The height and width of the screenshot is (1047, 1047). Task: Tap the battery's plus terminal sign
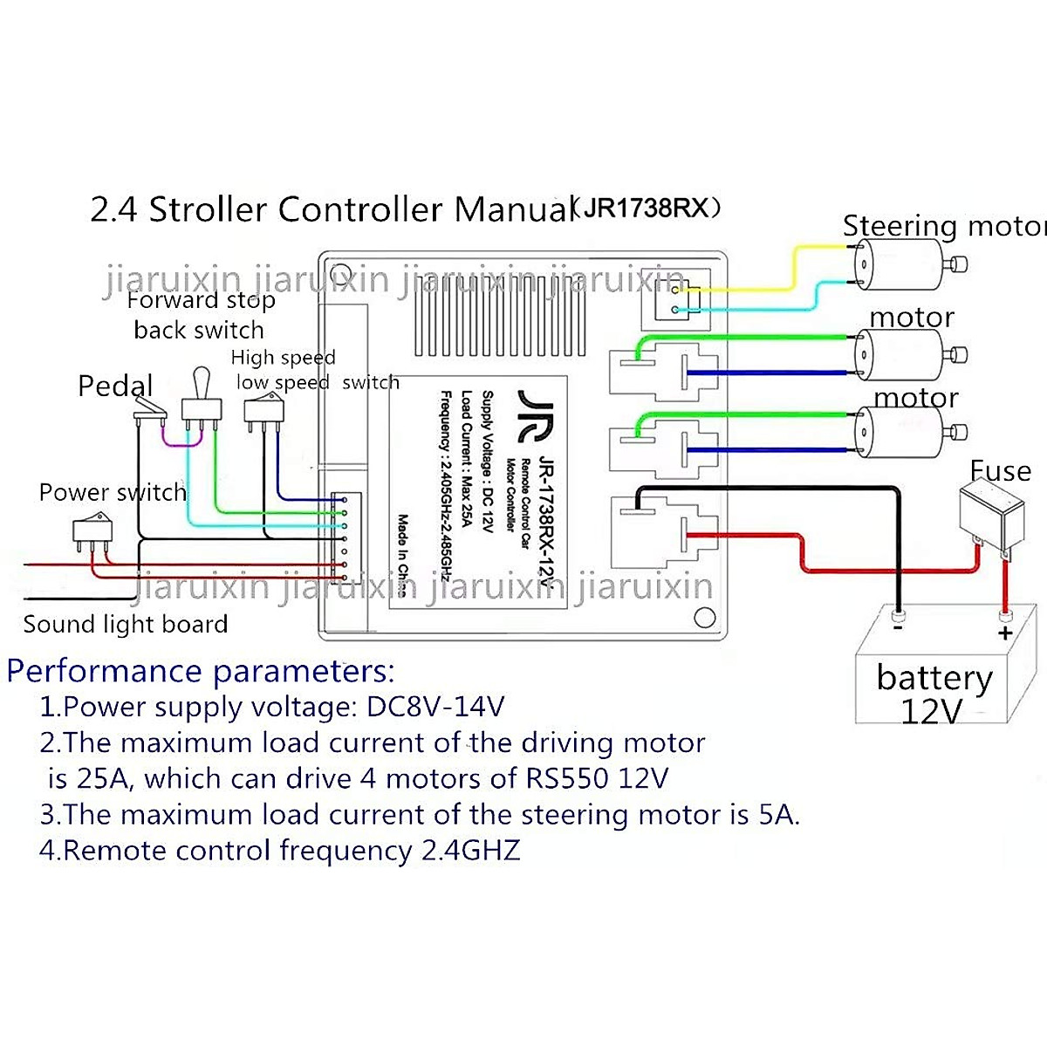(1005, 633)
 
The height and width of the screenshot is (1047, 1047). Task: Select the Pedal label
(115, 386)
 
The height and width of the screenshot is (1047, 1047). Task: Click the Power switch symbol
(92, 530)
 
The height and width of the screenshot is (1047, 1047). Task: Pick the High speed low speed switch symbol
(263, 412)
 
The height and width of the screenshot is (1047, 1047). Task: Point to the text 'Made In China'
(402, 555)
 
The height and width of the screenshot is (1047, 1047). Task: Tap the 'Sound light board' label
(125, 625)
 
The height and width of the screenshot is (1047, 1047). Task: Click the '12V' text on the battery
(931, 712)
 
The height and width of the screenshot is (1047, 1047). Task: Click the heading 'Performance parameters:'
(201, 671)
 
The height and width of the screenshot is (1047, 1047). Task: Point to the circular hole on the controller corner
(704, 618)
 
